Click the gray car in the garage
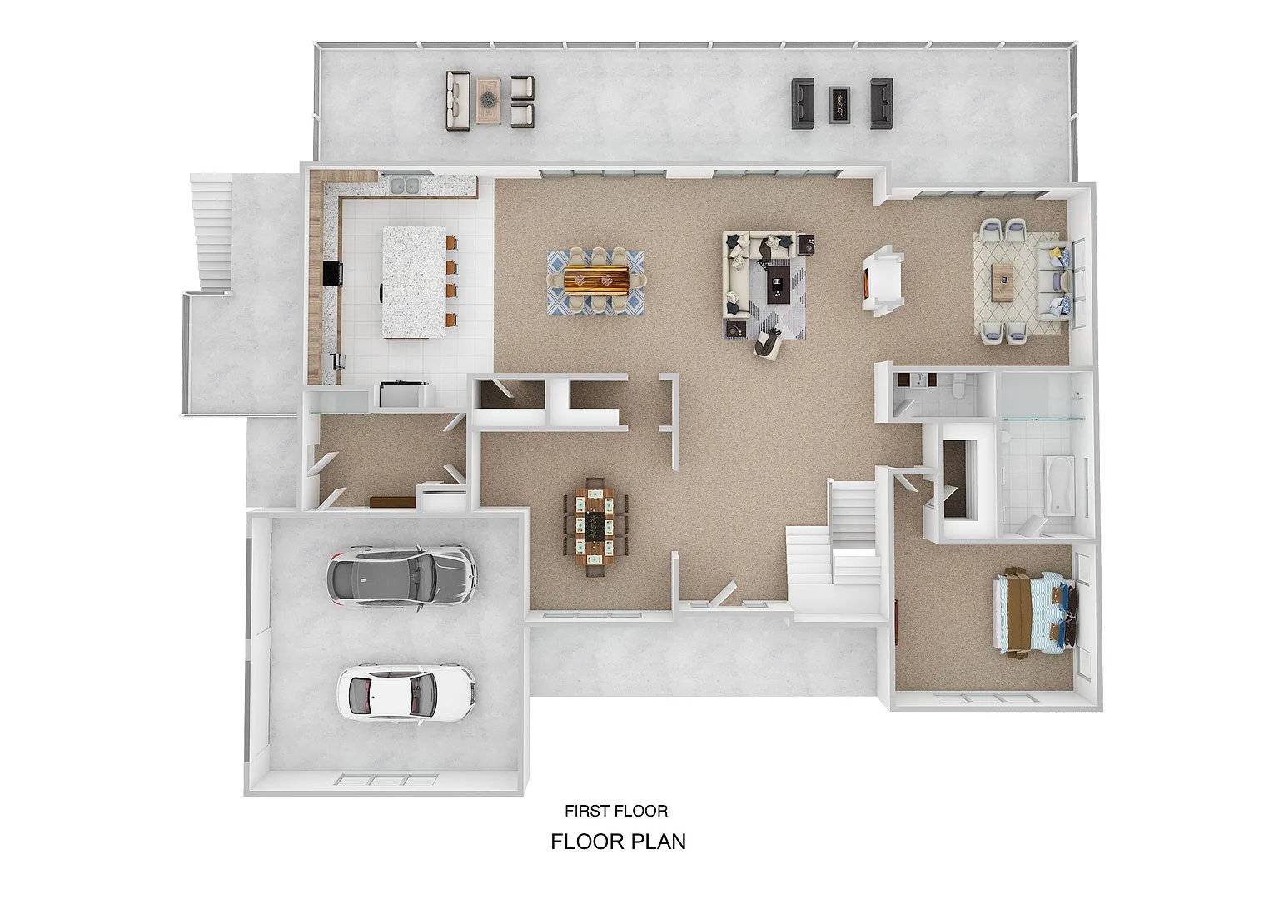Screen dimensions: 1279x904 coord(401,579)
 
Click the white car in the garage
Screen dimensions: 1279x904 coord(406,693)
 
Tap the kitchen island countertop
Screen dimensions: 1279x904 coord(414,282)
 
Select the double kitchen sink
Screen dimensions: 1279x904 coord(406,186)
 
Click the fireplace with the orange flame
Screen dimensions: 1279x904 coord(883,281)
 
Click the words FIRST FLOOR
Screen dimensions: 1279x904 coord(616,811)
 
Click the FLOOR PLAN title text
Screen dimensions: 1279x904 coord(619,842)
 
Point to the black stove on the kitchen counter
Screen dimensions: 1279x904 coord(332,273)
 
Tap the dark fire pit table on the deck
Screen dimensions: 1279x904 coord(839,104)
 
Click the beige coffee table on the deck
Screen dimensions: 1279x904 coord(489,101)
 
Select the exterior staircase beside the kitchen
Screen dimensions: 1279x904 coord(212,234)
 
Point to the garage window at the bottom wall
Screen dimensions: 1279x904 coord(386,780)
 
